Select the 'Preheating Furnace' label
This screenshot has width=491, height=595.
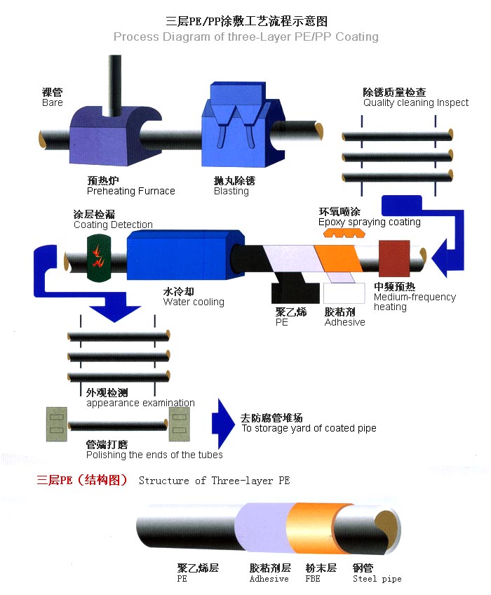[x=130, y=191]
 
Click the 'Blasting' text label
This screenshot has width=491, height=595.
[x=231, y=191]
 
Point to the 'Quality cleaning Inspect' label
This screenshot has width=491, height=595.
[x=415, y=102]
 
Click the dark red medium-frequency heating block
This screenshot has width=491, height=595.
[x=394, y=258]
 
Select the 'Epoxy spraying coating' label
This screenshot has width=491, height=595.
[x=369, y=222]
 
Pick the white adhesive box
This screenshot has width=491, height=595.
[x=344, y=292]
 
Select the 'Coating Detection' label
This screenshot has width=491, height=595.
[x=113, y=225]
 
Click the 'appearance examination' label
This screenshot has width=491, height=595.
[x=140, y=403]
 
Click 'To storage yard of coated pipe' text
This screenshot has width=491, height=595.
[x=309, y=428]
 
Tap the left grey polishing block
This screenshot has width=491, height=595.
[x=55, y=424]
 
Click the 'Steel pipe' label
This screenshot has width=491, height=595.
[x=377, y=579]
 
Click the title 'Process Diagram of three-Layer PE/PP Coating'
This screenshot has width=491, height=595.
[x=245, y=36]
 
